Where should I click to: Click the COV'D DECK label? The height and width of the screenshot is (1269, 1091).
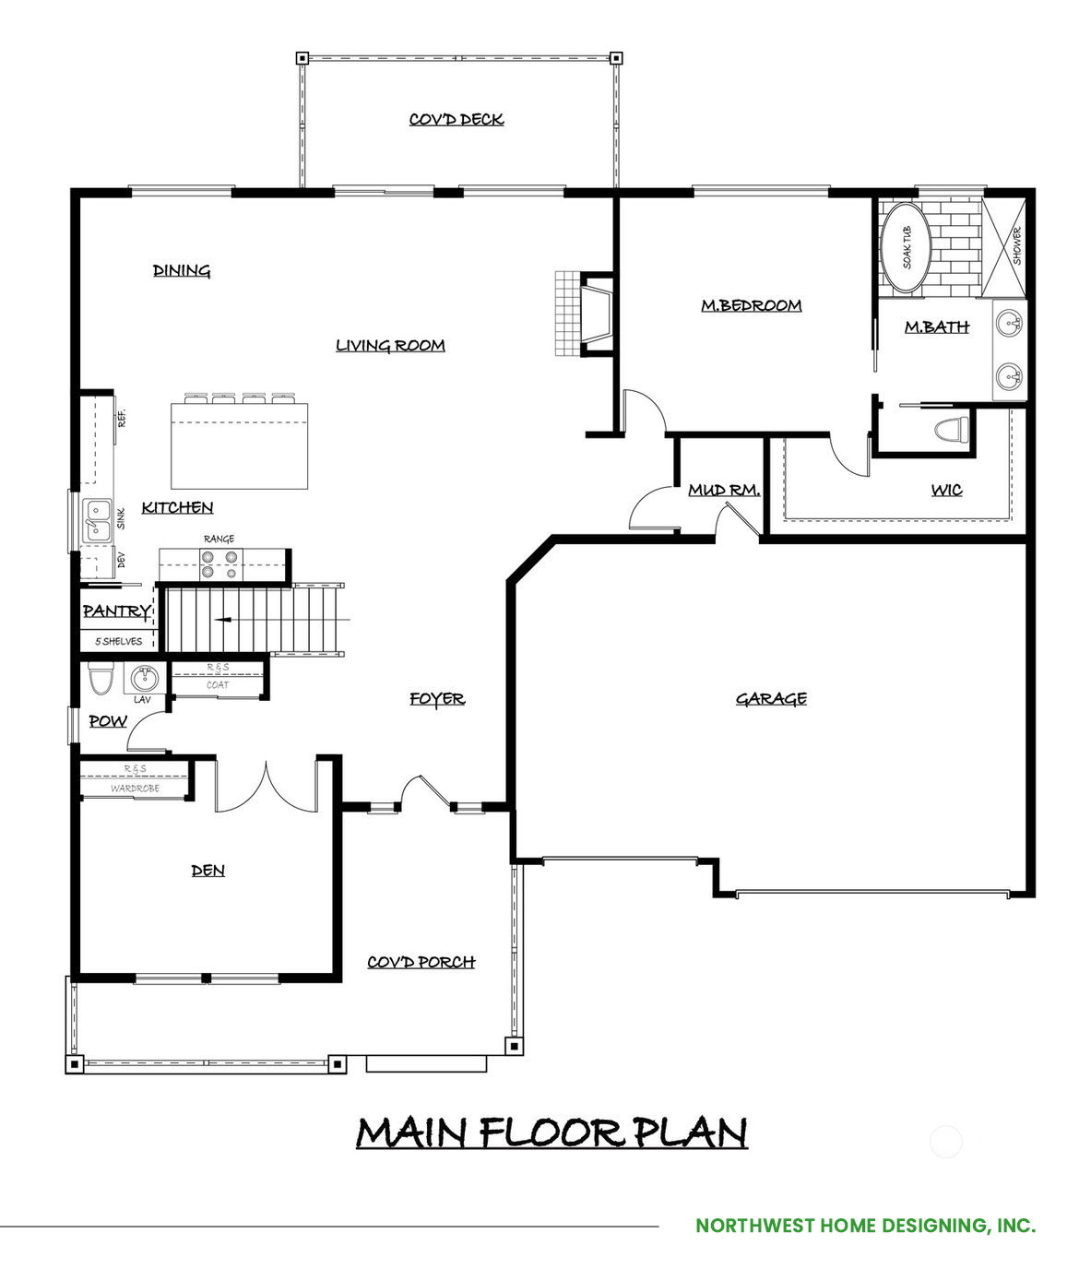(457, 119)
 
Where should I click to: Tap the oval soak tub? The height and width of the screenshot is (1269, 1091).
(906, 247)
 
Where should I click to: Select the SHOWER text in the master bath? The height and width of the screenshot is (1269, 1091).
(1016, 246)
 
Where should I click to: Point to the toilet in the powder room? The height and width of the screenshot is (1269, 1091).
(99, 677)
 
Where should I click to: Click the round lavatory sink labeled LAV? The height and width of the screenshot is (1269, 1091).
(144, 679)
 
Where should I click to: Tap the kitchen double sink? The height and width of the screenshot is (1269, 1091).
(98, 521)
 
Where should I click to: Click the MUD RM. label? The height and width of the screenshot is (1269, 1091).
(724, 490)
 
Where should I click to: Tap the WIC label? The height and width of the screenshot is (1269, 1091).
(946, 490)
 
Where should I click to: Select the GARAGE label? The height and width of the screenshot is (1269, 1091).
(771, 699)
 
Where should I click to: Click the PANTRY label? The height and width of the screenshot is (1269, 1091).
(116, 611)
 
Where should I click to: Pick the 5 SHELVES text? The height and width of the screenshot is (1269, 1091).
(118, 642)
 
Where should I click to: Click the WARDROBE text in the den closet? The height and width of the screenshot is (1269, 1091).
(135, 789)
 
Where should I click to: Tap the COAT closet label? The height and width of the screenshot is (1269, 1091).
(218, 685)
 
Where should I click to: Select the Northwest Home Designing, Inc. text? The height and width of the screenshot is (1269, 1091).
(866, 1226)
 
